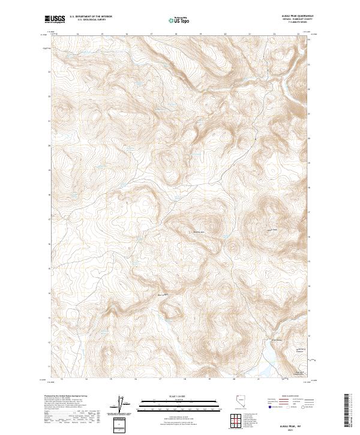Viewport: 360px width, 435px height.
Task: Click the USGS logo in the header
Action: [55, 20]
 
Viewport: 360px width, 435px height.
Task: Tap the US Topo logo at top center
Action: [179, 20]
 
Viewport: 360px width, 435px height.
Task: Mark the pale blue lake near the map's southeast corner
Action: [268, 361]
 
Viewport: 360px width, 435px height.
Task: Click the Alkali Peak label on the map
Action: [198, 232]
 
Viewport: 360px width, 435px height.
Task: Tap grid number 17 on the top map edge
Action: [151, 34]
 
